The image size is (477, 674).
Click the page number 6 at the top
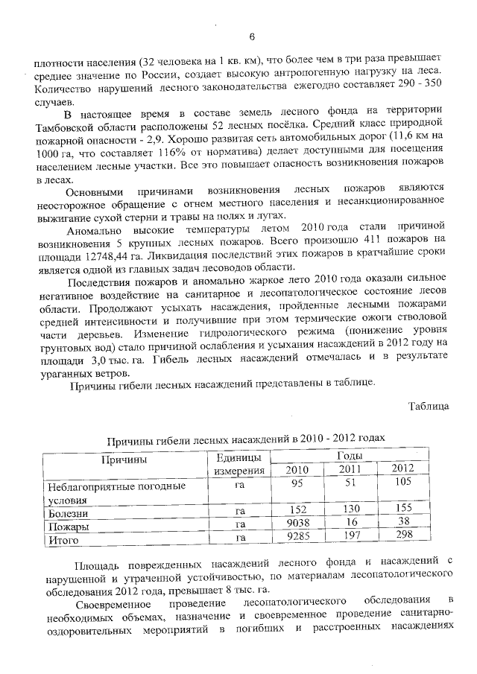[251, 36]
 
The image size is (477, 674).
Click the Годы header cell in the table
[350, 455]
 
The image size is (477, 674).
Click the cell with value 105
[402, 483]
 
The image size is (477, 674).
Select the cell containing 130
[351, 510]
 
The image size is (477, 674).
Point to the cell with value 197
[351, 536]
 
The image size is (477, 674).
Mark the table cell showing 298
[402, 536]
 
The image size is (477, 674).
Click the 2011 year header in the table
[350, 468]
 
